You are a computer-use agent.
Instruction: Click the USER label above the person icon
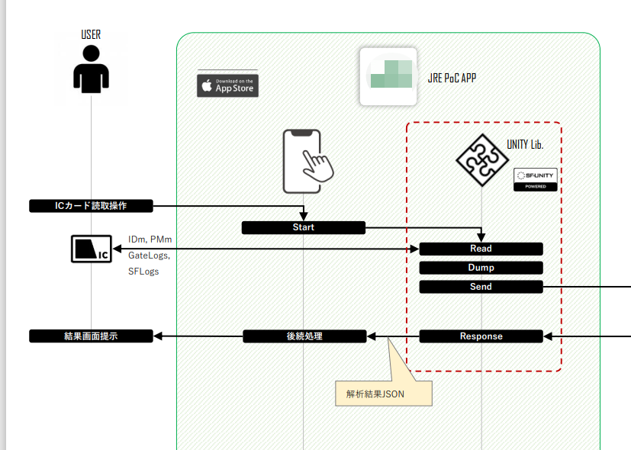pos(91,34)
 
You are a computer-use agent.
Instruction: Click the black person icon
pos(91,69)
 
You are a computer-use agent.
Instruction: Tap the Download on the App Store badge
pos(227,85)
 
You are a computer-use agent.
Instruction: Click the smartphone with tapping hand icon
pos(307,161)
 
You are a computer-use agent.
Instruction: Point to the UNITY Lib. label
pos(525,144)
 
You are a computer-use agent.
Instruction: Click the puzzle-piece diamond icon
pos(481,159)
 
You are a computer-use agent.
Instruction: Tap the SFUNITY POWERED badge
pos(535,180)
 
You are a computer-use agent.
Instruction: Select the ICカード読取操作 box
pos(91,206)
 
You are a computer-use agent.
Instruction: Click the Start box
pos(303,227)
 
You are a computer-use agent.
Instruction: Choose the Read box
pos(481,249)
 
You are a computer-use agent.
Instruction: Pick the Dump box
pos(481,268)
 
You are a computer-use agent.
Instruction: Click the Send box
pos(481,287)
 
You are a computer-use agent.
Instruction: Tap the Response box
pos(481,336)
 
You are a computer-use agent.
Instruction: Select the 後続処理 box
pos(304,336)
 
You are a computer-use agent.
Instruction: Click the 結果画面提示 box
pos(91,336)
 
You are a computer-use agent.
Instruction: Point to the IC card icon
pos(92,249)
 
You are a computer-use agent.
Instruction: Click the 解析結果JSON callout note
pos(384,394)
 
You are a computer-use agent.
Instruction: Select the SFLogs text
pos(143,272)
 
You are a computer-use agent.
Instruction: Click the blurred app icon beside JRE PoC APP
pos(388,76)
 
